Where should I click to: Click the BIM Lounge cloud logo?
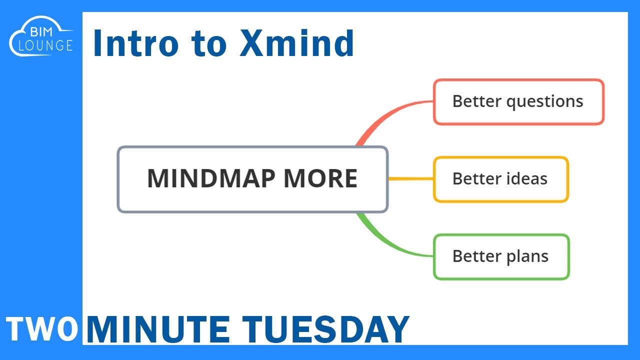tap(41, 38)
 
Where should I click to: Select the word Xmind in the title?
tap(296, 43)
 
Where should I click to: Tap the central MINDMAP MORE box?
tap(252, 179)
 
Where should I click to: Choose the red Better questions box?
tap(518, 101)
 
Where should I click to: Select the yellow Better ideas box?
tap(500, 179)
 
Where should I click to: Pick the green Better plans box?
tap(501, 256)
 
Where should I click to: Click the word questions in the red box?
tap(544, 102)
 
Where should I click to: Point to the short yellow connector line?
tap(410, 178)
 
